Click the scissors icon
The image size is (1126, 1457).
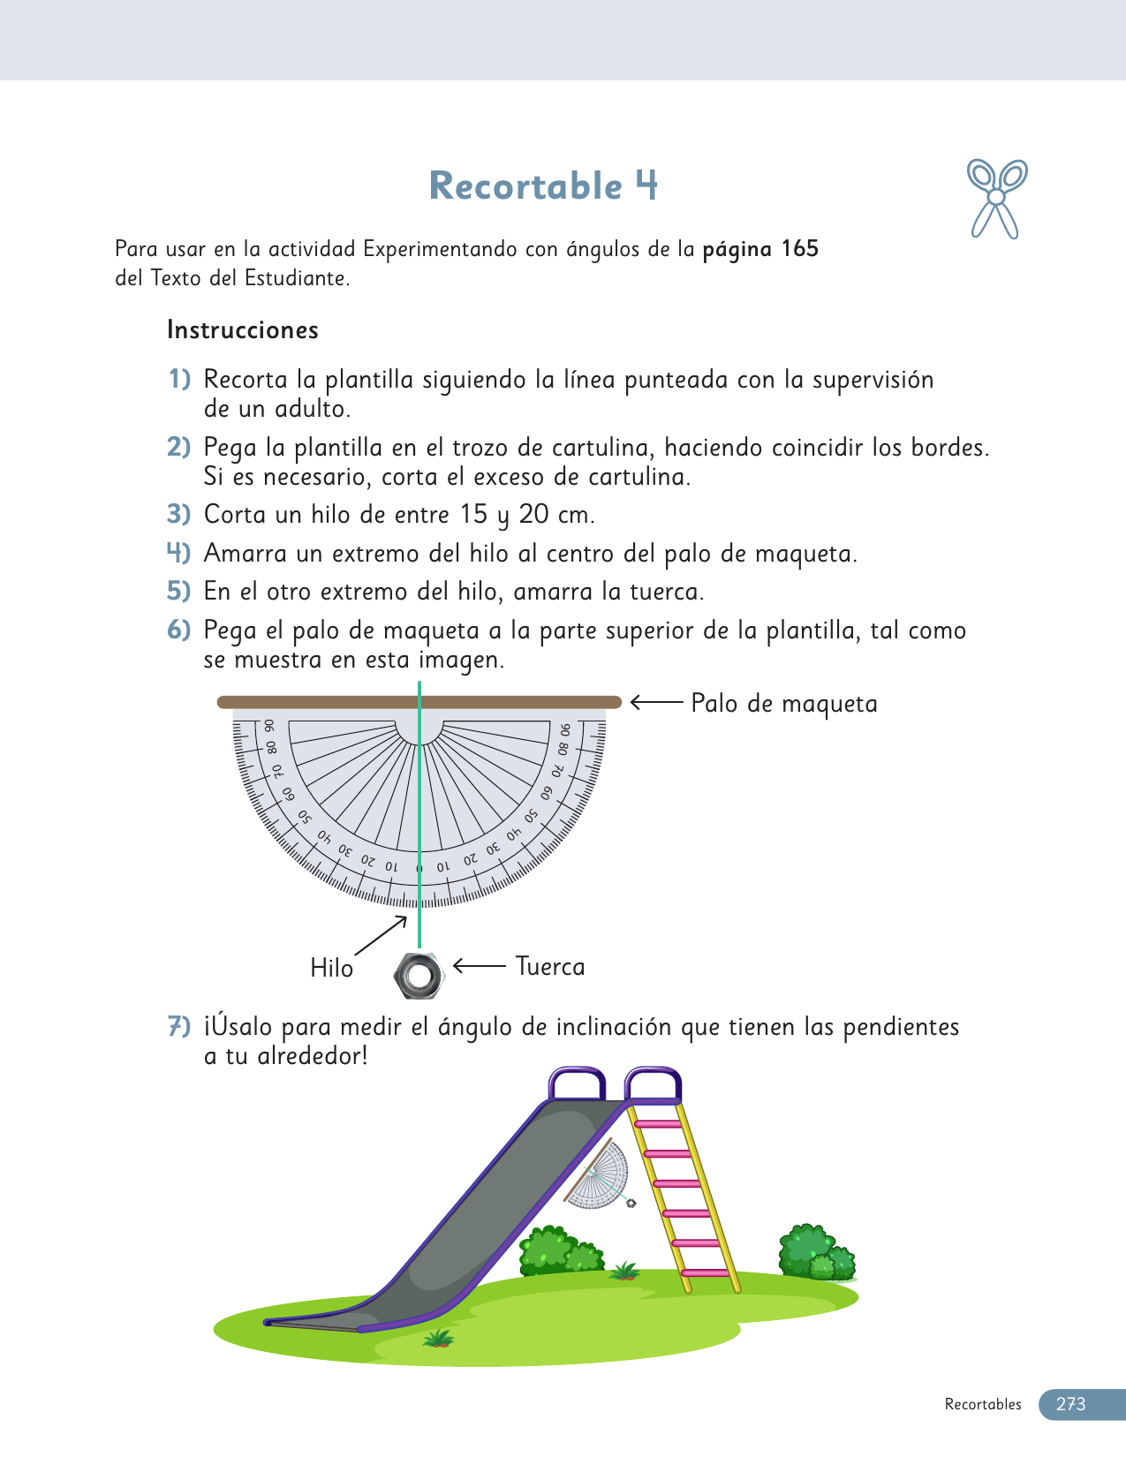pyautogui.click(x=996, y=198)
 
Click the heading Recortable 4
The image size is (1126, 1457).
pyautogui.click(x=543, y=185)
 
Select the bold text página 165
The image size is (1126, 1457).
pyautogui.click(x=760, y=249)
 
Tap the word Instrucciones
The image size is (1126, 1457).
pyautogui.click(x=243, y=330)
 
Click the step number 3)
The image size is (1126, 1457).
pyautogui.click(x=179, y=514)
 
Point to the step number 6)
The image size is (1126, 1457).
pyautogui.click(x=179, y=630)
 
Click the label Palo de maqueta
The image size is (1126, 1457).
pyautogui.click(x=784, y=704)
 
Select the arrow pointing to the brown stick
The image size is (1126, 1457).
pyautogui.click(x=657, y=703)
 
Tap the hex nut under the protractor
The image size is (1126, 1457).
pyautogui.click(x=418, y=975)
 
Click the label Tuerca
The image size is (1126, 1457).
pyautogui.click(x=549, y=967)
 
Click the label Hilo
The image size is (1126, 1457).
pyautogui.click(x=331, y=969)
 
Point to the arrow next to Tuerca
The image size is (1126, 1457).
pyautogui.click(x=480, y=966)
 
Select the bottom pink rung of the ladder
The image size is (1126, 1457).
pyautogui.click(x=706, y=1273)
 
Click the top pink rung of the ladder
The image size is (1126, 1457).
pyautogui.click(x=659, y=1124)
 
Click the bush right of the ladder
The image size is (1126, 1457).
pyautogui.click(x=815, y=1254)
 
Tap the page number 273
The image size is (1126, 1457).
pyautogui.click(x=1070, y=1404)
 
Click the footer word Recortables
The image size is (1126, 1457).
pyautogui.click(x=982, y=1404)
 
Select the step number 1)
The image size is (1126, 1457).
pyautogui.click(x=179, y=380)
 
